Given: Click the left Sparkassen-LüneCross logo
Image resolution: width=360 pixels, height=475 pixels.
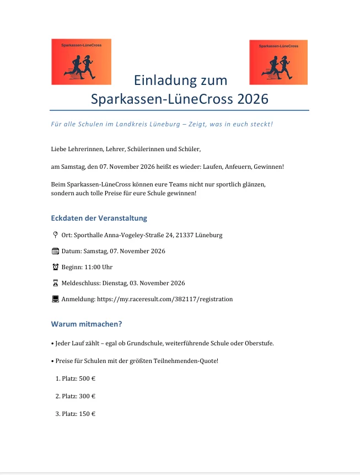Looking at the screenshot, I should click(x=81, y=62).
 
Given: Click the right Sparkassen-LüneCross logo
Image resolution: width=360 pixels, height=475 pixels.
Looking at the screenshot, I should click(x=278, y=62).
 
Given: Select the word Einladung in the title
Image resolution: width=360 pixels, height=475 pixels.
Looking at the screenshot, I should click(x=160, y=81).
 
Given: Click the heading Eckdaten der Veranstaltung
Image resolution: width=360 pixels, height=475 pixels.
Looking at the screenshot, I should click(x=99, y=218).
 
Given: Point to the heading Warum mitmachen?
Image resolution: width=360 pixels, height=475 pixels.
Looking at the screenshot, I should click(x=87, y=324).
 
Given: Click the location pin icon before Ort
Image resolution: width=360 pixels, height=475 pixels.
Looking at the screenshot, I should click(x=55, y=235).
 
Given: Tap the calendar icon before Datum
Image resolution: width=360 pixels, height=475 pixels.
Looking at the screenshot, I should click(x=55, y=251).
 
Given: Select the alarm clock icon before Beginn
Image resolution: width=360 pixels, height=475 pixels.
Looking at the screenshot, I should click(x=55, y=267).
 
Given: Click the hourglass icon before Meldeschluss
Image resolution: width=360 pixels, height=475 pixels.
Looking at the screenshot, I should click(x=55, y=283).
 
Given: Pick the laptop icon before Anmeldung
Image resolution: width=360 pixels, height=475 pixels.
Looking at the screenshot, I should click(x=55, y=299).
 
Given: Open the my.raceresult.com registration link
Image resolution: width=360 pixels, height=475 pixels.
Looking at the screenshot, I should click(x=165, y=299).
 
